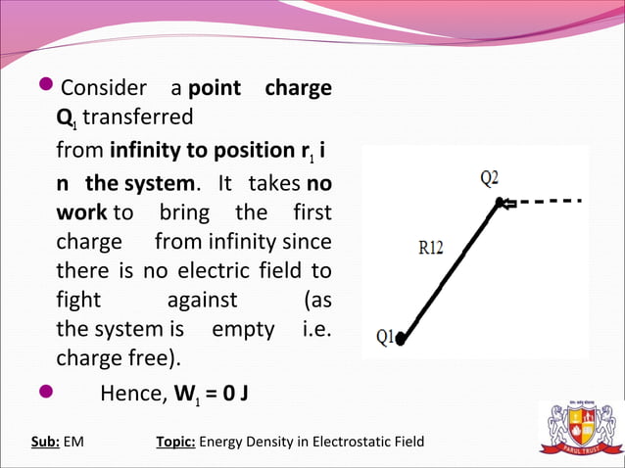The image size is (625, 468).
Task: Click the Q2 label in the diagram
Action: click(x=489, y=178)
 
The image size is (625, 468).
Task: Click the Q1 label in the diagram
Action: click(x=385, y=336)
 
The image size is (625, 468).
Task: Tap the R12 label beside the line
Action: click(x=431, y=248)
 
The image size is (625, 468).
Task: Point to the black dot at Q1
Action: click(x=401, y=340)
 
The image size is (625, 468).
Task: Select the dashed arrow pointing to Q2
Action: click(x=543, y=203)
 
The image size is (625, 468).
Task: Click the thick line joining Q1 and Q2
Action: click(x=451, y=270)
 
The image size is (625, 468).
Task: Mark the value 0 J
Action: click(x=230, y=396)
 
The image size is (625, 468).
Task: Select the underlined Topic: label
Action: click(x=175, y=442)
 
